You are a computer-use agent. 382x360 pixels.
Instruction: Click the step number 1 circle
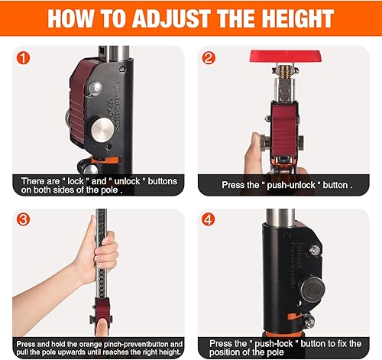click(x=23, y=58)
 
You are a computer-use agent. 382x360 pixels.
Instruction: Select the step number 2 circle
click(x=209, y=58)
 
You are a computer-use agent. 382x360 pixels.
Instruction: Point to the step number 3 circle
click(x=23, y=219)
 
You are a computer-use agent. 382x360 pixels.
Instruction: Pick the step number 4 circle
click(x=208, y=219)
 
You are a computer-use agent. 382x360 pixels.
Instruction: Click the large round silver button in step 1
click(x=102, y=130)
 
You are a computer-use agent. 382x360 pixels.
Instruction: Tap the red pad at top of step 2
click(x=286, y=56)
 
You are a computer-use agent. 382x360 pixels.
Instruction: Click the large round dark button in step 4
click(x=312, y=290)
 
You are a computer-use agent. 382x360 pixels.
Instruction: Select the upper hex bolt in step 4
click(x=316, y=251)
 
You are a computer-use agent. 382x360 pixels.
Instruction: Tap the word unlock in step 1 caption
click(x=127, y=181)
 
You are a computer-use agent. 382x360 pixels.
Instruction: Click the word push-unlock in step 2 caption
click(x=291, y=185)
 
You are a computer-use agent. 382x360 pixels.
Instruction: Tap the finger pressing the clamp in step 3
click(x=102, y=327)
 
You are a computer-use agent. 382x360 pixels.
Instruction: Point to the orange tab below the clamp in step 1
click(x=105, y=161)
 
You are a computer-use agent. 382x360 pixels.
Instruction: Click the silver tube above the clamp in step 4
click(x=280, y=217)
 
